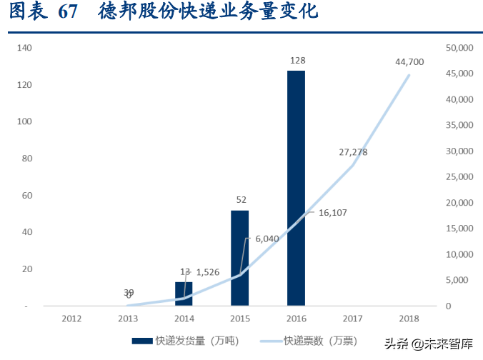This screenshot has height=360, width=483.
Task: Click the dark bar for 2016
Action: click(x=296, y=188)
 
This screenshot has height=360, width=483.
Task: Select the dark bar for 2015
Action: click(x=239, y=258)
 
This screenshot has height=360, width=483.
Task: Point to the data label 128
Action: click(x=297, y=61)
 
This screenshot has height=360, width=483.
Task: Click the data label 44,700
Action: click(x=409, y=62)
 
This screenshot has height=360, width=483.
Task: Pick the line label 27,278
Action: click(x=354, y=151)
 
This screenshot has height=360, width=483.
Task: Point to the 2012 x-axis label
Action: click(x=71, y=319)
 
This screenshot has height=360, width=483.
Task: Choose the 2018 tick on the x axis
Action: click(x=409, y=319)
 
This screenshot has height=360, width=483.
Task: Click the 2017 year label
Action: click(x=353, y=319)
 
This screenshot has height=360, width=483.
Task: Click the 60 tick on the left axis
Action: click(x=27, y=196)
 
